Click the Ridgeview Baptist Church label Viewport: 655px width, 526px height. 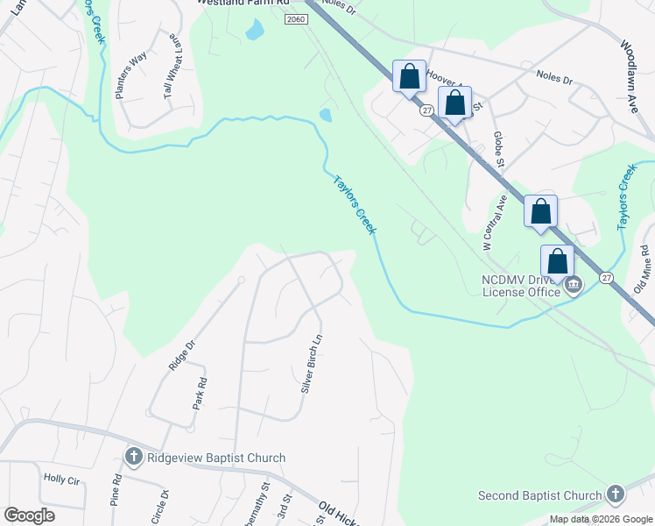(x=216, y=458)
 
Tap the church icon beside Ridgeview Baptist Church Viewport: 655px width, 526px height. (x=133, y=457)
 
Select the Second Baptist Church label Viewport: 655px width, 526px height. (x=540, y=495)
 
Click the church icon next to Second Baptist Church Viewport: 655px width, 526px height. (x=615, y=494)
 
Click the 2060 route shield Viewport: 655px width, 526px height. (x=296, y=20)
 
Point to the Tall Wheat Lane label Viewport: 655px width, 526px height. (x=174, y=68)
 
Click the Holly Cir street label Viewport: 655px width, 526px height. (x=60, y=480)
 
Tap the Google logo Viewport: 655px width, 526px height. (x=29, y=515)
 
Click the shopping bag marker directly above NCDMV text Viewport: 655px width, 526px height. (x=557, y=262)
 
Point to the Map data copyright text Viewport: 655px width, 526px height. (x=600, y=519)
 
